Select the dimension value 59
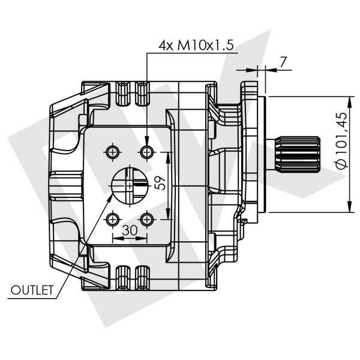coord(160,184)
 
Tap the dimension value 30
coord(129,230)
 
